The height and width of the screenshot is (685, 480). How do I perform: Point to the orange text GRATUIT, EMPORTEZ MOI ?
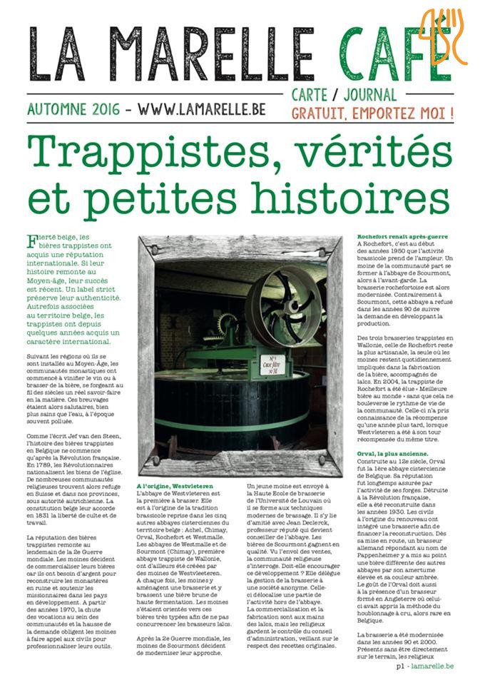(x=372, y=113)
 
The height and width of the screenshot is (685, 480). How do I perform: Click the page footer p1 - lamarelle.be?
(x=424, y=665)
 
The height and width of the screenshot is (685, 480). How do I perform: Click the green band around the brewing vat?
(x=235, y=421)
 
